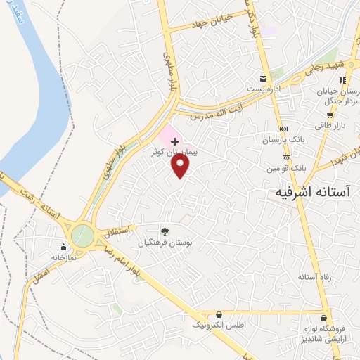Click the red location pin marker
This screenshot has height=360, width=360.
click(x=181, y=165)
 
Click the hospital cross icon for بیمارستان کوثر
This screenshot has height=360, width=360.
click(x=175, y=141)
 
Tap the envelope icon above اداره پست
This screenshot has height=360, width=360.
click(x=263, y=78)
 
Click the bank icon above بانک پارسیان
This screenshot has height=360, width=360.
click(x=285, y=129)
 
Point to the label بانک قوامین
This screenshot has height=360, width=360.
click(x=287, y=169)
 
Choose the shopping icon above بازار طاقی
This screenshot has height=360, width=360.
click(x=329, y=115)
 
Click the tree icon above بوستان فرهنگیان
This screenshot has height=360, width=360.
click(x=165, y=231)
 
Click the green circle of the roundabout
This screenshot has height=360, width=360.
click(x=82, y=235)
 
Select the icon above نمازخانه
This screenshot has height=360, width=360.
click(x=64, y=247)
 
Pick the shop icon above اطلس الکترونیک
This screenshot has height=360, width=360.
click(x=219, y=314)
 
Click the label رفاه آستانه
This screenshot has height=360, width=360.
click(x=314, y=277)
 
